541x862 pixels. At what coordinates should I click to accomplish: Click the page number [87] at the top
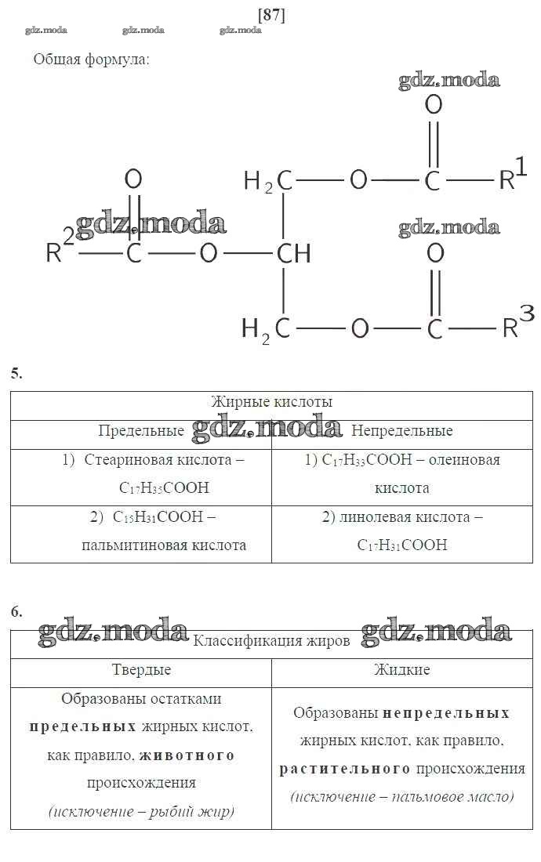click(271, 15)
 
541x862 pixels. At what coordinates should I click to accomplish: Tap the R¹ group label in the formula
click(513, 174)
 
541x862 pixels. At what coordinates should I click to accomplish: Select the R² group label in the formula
click(60, 246)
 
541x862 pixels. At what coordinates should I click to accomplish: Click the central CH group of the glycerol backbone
click(293, 253)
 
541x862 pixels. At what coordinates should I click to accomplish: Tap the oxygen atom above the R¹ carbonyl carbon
click(434, 104)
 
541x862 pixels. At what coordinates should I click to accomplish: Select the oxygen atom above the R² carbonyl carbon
click(133, 179)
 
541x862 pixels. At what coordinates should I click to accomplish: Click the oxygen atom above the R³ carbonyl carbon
click(435, 253)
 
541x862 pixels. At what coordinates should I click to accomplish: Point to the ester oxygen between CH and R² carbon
click(209, 253)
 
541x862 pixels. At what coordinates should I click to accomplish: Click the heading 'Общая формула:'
click(91, 60)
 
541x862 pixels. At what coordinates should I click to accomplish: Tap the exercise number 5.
click(16, 373)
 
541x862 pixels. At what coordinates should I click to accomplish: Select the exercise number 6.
click(16, 611)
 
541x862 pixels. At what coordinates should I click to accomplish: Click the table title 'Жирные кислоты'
click(271, 402)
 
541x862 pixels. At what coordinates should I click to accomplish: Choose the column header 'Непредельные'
click(402, 430)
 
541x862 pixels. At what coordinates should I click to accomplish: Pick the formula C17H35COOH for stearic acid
click(165, 487)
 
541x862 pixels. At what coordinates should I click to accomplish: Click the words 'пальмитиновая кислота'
click(164, 545)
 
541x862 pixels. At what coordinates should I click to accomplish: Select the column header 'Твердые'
click(141, 669)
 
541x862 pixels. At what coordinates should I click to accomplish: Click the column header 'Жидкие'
click(402, 669)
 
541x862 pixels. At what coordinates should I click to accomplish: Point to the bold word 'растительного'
click(345, 769)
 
